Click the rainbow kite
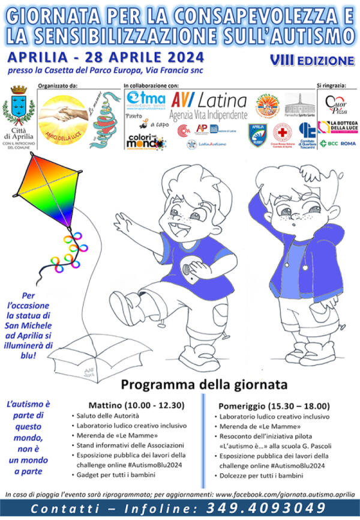(42, 192)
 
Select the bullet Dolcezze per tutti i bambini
(261, 475)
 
